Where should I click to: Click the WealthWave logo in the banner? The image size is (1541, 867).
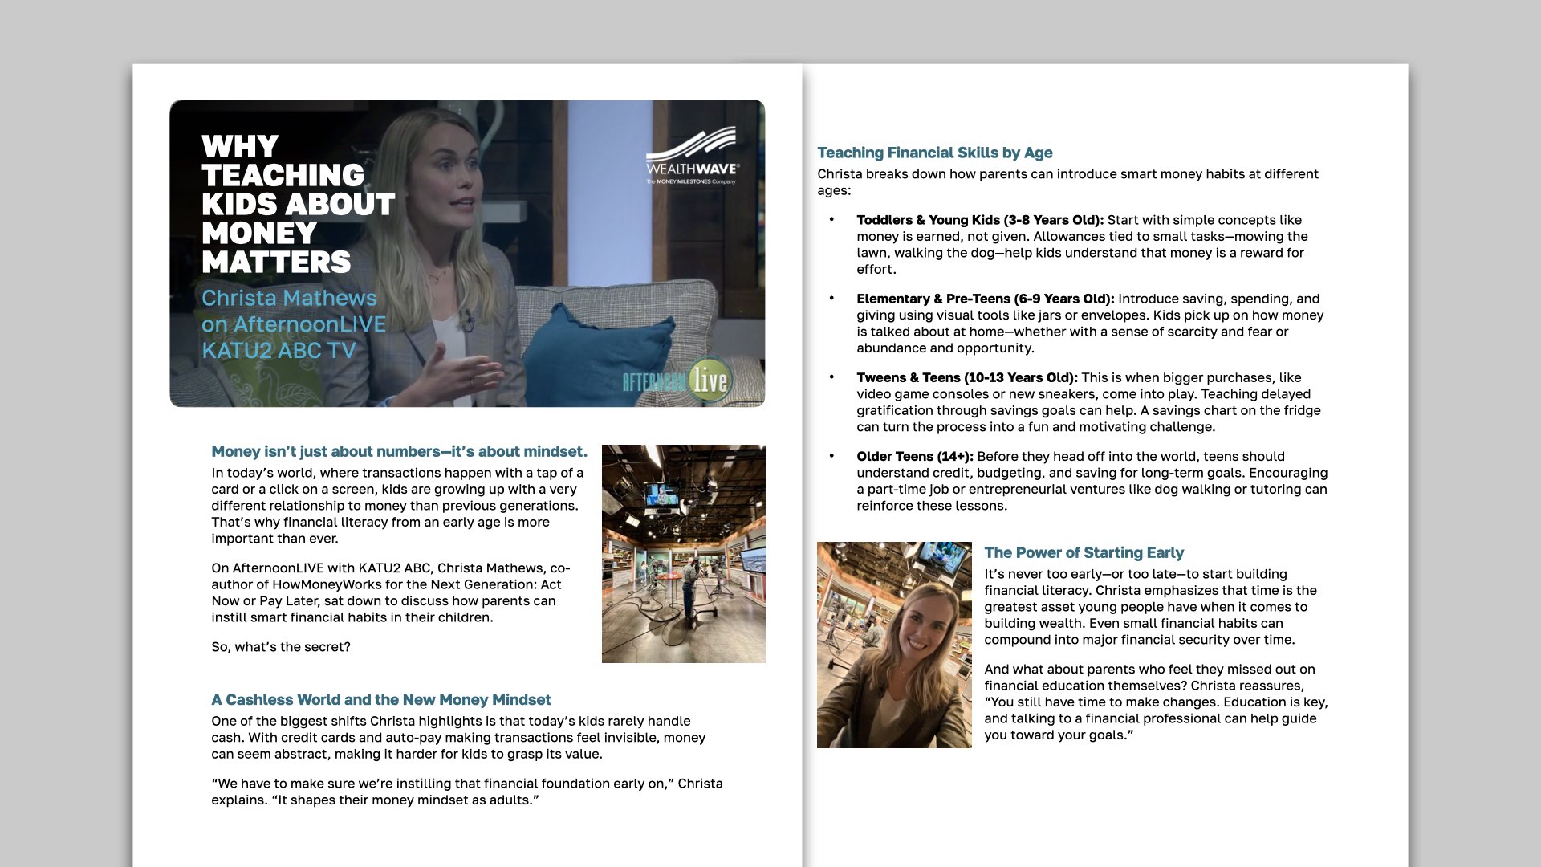click(692, 156)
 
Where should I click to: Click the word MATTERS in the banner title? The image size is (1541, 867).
click(276, 263)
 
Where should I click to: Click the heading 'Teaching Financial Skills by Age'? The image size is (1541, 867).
click(934, 153)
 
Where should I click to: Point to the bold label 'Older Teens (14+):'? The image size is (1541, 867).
click(914, 456)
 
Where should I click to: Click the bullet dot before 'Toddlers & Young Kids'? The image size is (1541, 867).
click(831, 219)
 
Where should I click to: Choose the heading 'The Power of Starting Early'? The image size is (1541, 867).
click(1084, 552)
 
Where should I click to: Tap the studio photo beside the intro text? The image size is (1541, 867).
click(683, 553)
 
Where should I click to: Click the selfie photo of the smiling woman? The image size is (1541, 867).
click(894, 645)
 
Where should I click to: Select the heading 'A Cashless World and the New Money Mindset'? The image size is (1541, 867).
click(381, 700)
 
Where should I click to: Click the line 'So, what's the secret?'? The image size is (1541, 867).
click(281, 647)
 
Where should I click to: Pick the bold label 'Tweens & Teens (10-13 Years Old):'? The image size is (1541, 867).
click(966, 377)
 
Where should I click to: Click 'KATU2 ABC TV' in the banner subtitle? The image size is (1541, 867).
click(279, 351)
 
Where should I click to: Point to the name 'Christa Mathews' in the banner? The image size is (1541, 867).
click(289, 298)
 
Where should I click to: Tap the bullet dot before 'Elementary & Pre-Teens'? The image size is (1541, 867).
click(831, 298)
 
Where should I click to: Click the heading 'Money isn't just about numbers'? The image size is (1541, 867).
click(399, 452)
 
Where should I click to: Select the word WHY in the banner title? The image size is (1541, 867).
click(240, 147)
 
